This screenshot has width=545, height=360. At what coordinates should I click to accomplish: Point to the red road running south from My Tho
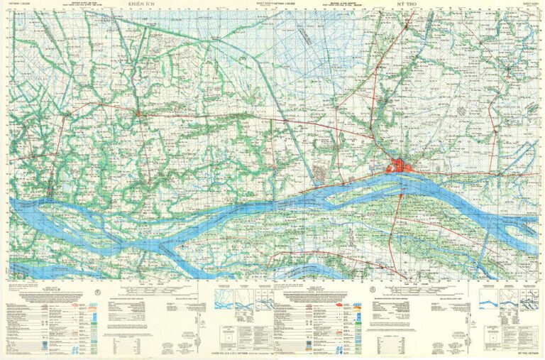[x=398, y=213]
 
